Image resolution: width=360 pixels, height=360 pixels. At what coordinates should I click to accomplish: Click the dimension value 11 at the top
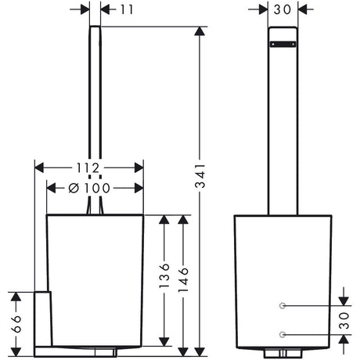(x=127, y=10)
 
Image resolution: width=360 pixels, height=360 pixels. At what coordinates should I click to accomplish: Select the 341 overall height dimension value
(x=200, y=176)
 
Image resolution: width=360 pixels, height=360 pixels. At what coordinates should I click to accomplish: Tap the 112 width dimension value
(x=88, y=167)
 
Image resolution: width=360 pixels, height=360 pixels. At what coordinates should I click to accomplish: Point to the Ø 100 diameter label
(x=89, y=188)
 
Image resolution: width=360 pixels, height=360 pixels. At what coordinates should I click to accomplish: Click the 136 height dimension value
(x=164, y=275)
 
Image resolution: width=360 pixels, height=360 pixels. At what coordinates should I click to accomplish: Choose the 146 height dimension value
(x=183, y=280)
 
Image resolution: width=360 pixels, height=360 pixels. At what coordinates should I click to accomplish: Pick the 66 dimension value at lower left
(x=16, y=324)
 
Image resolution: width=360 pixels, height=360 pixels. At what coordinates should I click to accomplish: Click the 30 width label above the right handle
(x=283, y=9)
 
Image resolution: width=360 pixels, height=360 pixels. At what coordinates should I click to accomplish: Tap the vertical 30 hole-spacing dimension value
(x=344, y=320)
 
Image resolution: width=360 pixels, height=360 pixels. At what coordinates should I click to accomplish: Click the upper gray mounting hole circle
(x=282, y=305)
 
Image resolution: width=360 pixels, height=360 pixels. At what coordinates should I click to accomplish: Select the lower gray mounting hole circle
(x=282, y=334)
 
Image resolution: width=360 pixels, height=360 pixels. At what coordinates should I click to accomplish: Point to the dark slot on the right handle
(x=283, y=45)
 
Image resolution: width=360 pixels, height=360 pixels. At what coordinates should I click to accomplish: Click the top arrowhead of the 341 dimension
(x=200, y=31)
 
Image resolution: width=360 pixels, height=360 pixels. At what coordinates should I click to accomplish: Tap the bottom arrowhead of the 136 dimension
(x=164, y=341)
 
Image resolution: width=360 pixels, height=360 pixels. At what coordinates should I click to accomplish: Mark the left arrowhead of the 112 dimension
(x=39, y=167)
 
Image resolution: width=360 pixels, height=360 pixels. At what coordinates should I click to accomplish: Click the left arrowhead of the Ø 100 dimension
(x=51, y=188)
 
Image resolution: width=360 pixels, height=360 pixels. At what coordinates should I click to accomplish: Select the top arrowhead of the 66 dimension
(x=16, y=297)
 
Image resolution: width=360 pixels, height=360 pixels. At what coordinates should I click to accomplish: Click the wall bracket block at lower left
(x=43, y=319)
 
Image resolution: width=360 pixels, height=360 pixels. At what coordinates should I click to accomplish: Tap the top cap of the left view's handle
(x=95, y=27)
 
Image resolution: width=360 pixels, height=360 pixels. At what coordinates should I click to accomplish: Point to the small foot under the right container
(x=283, y=354)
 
